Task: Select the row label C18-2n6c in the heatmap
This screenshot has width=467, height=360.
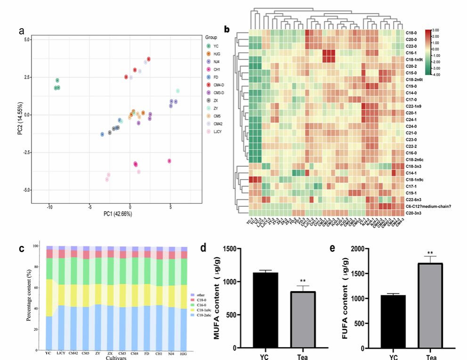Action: click(414, 160)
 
